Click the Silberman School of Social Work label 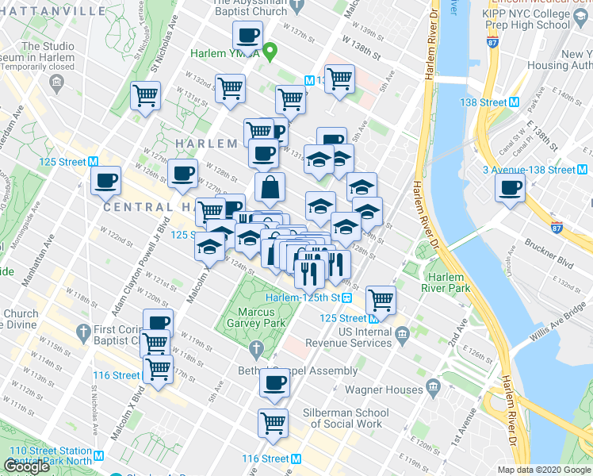[x=346, y=418]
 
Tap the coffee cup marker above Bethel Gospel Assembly [x=274, y=382]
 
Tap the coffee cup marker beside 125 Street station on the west [x=105, y=180]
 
